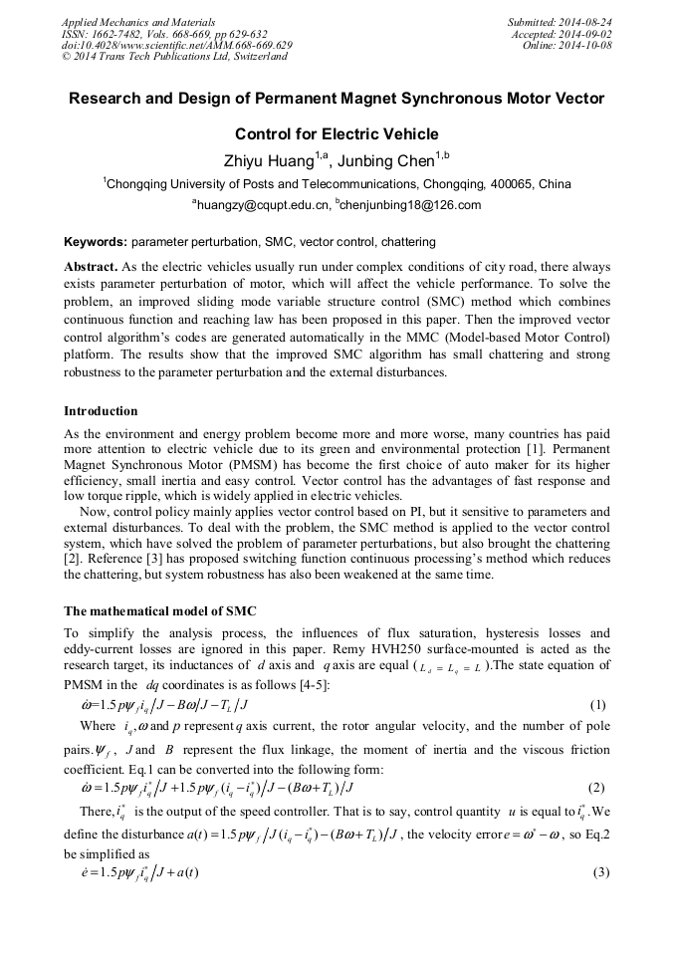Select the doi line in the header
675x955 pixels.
coord(176,45)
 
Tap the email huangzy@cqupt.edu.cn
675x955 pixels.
coord(264,205)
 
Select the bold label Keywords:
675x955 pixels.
coord(95,243)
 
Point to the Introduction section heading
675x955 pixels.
coord(101,410)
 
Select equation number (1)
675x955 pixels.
coord(599,705)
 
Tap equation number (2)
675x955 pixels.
coord(599,787)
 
